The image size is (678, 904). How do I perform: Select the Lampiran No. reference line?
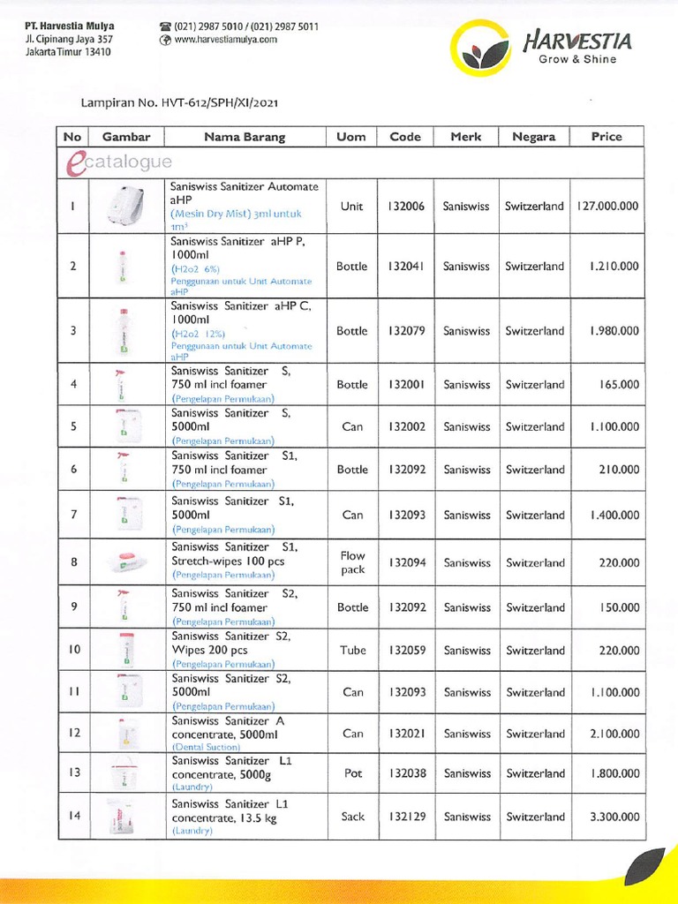pos(179,102)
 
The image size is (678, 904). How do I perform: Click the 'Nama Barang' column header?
pos(245,137)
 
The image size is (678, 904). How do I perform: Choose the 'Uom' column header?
pos(351,137)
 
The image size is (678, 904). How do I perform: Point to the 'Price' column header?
pos(606,137)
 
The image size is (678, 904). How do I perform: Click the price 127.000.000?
pos(606,207)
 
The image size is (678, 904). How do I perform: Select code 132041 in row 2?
pos(405,267)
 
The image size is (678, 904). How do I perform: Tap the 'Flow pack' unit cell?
pos(352,563)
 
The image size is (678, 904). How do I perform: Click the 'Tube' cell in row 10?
pos(352,651)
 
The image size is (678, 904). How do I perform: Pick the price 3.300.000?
pos(609,817)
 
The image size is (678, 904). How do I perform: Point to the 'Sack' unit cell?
pos(352,817)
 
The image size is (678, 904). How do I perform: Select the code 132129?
pos(405,817)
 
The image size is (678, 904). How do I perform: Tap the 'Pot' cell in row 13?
pos(352,773)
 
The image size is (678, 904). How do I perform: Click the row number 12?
pos(74,733)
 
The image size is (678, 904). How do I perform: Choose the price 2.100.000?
pos(609,734)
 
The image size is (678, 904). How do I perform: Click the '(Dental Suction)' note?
pos(206,747)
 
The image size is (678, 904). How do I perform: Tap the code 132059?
pos(405,651)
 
